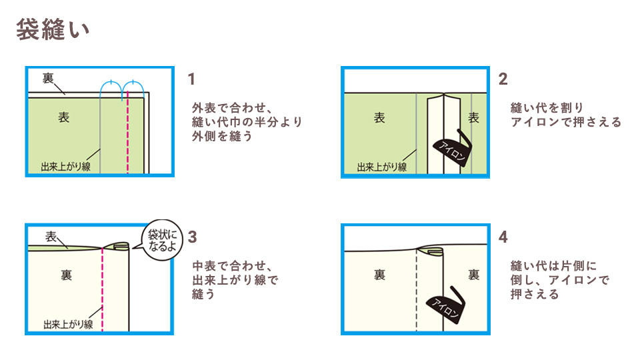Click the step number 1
pos(191,79)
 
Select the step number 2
pos(503,79)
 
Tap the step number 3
pos(192,237)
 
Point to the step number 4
pos(503,237)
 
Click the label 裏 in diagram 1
pos(48,78)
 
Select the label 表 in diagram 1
pos(63,117)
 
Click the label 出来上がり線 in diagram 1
pos(65,165)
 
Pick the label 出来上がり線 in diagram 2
pos(381,167)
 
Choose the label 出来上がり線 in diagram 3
pos(67,324)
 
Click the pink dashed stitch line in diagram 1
pos(127,133)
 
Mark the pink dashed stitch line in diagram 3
pos(102,287)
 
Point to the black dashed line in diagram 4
pos(416,293)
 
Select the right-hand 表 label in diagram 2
pos(473,118)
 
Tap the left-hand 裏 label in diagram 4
pos(379,275)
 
